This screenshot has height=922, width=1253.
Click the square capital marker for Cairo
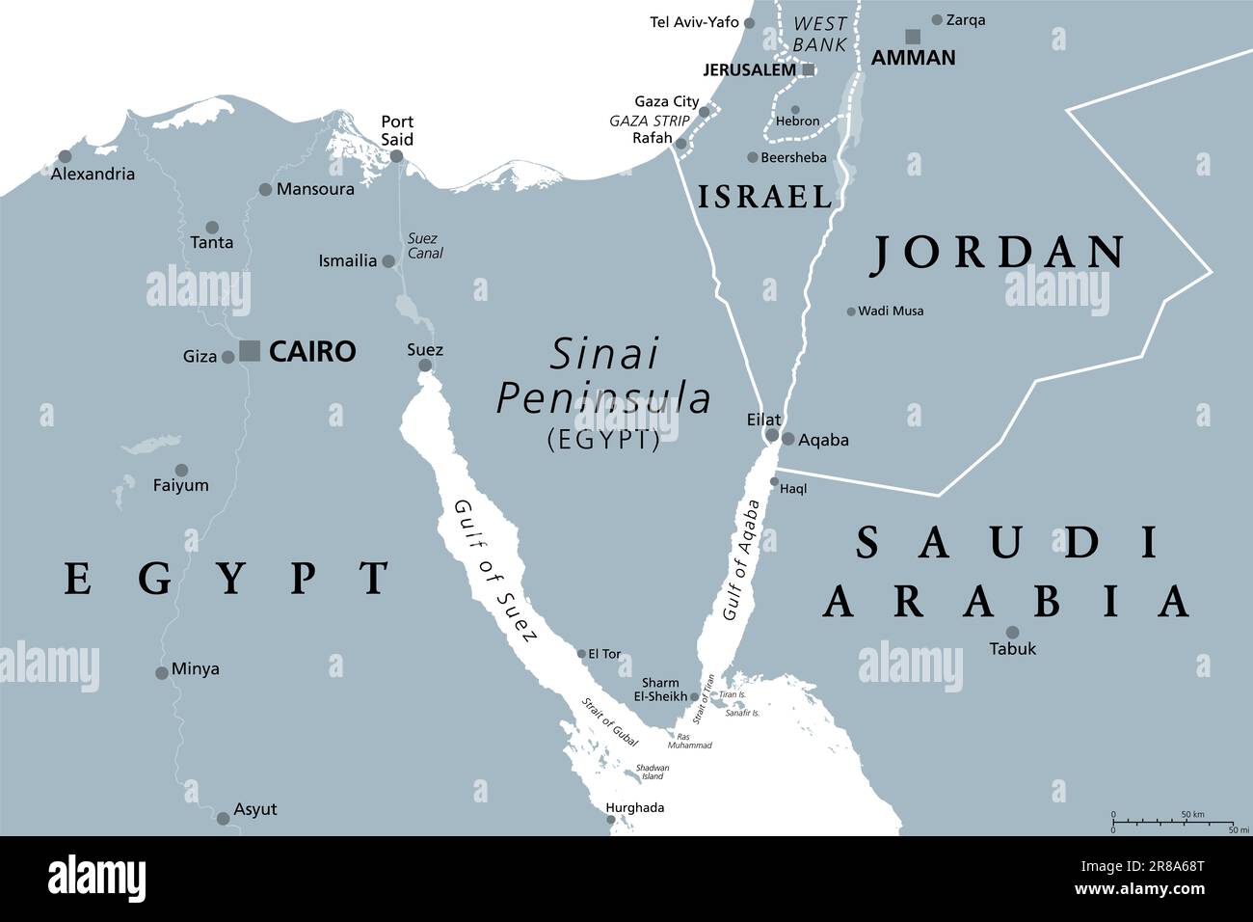tap(250, 350)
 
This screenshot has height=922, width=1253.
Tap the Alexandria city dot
tap(65, 156)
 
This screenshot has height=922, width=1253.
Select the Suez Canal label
tap(422, 246)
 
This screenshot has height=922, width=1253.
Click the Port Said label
tap(397, 130)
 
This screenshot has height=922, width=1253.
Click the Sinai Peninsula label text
tap(603, 377)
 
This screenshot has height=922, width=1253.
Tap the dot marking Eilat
tap(772, 436)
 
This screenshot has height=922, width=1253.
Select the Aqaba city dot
tap(788, 439)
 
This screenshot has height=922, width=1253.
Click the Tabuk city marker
tap(1012, 632)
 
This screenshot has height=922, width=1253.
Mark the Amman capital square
tap(912, 37)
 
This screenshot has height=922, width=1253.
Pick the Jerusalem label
tap(750, 69)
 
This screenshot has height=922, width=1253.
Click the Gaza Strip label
tap(650, 121)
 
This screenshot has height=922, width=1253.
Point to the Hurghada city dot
tap(611, 821)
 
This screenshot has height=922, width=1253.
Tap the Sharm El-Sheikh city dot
tap(695, 695)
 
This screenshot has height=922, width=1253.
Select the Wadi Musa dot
tap(850, 311)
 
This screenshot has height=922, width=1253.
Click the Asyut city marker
tap(224, 818)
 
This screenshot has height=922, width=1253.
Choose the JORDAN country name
tap(998, 252)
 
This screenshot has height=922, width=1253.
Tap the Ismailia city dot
tap(388, 261)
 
